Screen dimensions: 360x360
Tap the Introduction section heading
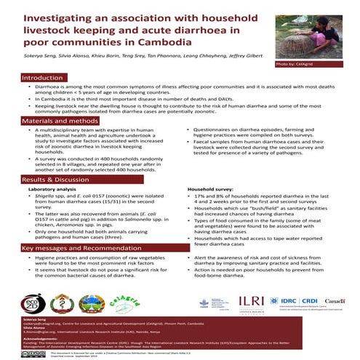coord(43,77)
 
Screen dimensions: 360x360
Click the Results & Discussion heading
coord(57,179)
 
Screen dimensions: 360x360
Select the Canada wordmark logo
coord(335,300)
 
